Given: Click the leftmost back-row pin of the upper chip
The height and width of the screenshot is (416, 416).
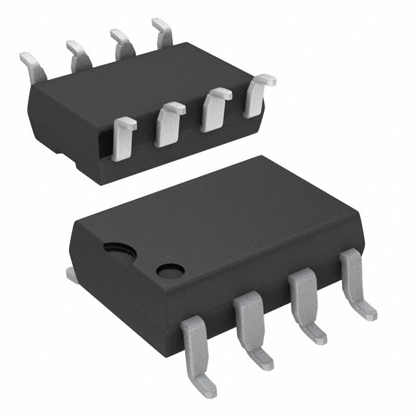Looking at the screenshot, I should coord(31,64).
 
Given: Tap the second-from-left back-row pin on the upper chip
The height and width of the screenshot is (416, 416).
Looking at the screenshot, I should coord(78,55).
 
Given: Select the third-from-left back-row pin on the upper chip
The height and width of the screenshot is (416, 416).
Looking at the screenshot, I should coord(120,44).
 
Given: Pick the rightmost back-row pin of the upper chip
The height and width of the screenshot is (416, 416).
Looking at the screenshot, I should coord(162,32).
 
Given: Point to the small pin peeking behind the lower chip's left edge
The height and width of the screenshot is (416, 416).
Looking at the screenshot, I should coord(73,276).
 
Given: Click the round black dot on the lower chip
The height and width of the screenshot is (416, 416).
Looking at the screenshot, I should coord(170,270).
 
